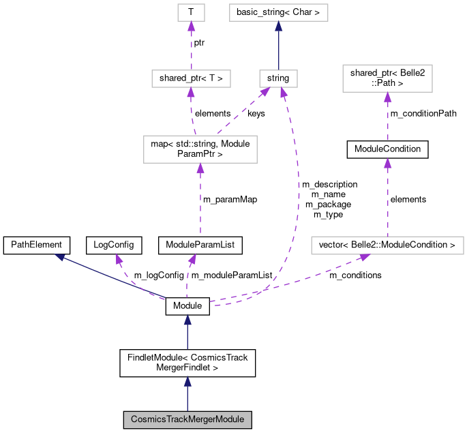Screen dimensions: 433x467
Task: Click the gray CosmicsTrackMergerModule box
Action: pos(187,419)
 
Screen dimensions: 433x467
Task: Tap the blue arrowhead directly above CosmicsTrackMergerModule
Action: pos(187,381)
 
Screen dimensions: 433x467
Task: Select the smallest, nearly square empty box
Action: pos(191,12)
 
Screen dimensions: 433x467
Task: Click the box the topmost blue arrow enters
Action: pos(278,12)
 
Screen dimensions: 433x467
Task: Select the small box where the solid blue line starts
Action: pos(278,78)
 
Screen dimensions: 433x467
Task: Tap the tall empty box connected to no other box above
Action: pos(387,78)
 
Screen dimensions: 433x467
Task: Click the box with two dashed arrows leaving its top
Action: pos(200,149)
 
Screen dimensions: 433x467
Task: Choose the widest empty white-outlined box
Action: pos(387,245)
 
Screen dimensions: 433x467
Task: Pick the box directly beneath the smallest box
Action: pos(191,78)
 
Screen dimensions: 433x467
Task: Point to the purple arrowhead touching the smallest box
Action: pos(191,26)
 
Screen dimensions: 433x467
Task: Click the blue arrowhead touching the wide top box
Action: pos(278,26)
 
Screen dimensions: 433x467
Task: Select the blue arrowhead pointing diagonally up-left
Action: pos(60,257)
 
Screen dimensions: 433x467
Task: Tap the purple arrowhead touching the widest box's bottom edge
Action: pos(365,257)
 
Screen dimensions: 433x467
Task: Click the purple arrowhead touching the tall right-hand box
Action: pos(387,97)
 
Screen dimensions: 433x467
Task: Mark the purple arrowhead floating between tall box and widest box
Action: pos(387,162)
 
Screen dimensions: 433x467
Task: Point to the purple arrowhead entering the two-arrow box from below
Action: pos(200,168)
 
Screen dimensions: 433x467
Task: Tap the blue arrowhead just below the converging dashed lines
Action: pos(187,320)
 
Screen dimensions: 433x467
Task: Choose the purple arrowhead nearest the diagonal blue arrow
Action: pos(119,258)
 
